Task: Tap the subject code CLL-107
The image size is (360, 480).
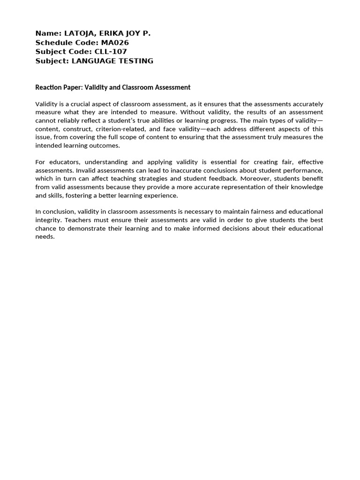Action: tap(111, 52)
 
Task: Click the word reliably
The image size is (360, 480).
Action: tap(78, 120)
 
